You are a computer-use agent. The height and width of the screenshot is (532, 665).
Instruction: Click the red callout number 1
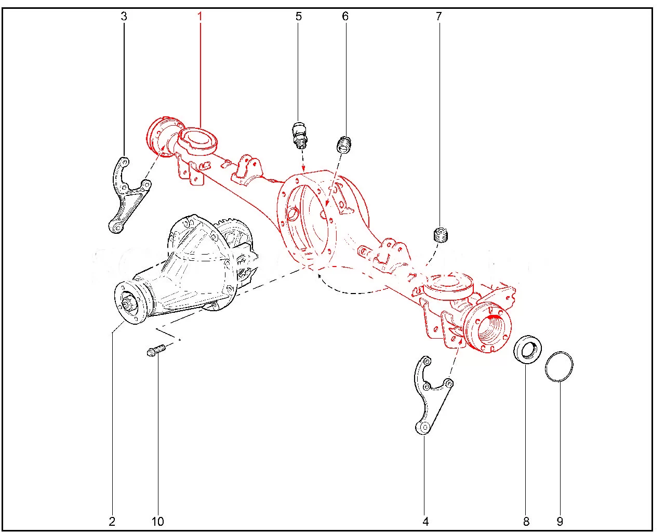tap(200, 16)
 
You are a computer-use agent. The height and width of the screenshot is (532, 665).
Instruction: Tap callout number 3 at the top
tap(124, 16)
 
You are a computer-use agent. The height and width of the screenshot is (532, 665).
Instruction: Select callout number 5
tap(299, 16)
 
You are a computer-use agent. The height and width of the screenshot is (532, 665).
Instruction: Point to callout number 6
tap(345, 16)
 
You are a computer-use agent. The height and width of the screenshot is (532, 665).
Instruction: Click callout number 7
tap(439, 16)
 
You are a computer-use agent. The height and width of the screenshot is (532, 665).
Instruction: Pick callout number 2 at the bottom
tap(112, 522)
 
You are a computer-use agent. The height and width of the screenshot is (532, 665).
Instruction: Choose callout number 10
tap(158, 522)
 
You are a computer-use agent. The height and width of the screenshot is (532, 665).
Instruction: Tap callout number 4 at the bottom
tap(425, 522)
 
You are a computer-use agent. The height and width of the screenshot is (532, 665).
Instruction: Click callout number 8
tap(526, 522)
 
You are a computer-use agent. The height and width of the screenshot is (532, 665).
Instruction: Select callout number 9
tap(560, 522)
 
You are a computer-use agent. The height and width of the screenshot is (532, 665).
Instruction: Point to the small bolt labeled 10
tap(156, 351)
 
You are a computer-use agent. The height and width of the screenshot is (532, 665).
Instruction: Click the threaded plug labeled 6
tap(344, 144)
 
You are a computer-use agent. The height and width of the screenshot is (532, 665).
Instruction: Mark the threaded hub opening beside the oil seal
tap(492, 329)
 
